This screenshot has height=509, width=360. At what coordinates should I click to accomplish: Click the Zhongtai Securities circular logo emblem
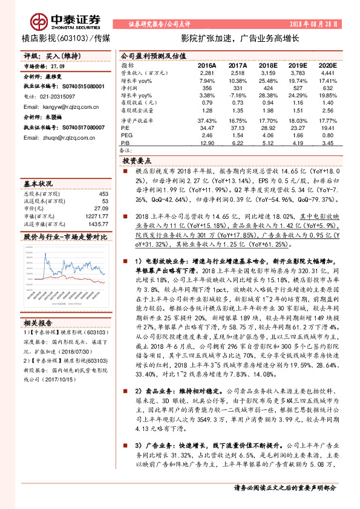tap(41, 22)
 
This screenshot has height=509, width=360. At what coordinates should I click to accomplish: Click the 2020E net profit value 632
tap(327, 88)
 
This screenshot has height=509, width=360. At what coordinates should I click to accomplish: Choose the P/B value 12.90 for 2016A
tap(207, 144)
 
